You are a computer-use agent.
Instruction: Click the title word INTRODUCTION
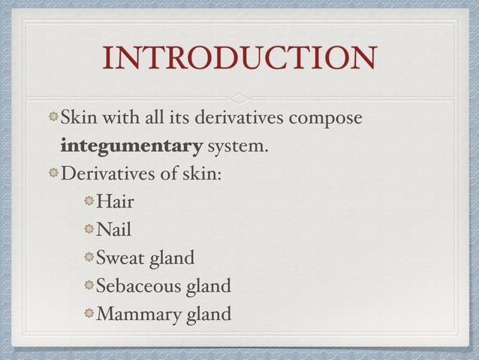pos(239,61)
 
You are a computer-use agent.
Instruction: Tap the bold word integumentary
pos(131,145)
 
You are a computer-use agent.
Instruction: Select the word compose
pos(326,119)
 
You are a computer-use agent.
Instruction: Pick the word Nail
pos(113,229)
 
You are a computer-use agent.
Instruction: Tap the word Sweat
pos(120,258)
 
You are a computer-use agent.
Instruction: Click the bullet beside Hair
pos(89,201)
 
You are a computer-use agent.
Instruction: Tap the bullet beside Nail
pos(89,229)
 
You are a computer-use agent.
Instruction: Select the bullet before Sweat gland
pos(89,258)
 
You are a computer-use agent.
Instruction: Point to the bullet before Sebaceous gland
pos(89,286)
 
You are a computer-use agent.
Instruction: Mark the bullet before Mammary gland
pos(89,313)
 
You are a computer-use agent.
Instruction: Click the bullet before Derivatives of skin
pos(53,173)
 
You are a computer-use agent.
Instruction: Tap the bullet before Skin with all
pos(53,118)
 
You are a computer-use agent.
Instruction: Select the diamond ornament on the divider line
pos(239,98)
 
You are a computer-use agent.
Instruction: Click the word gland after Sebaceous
pos(208,286)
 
